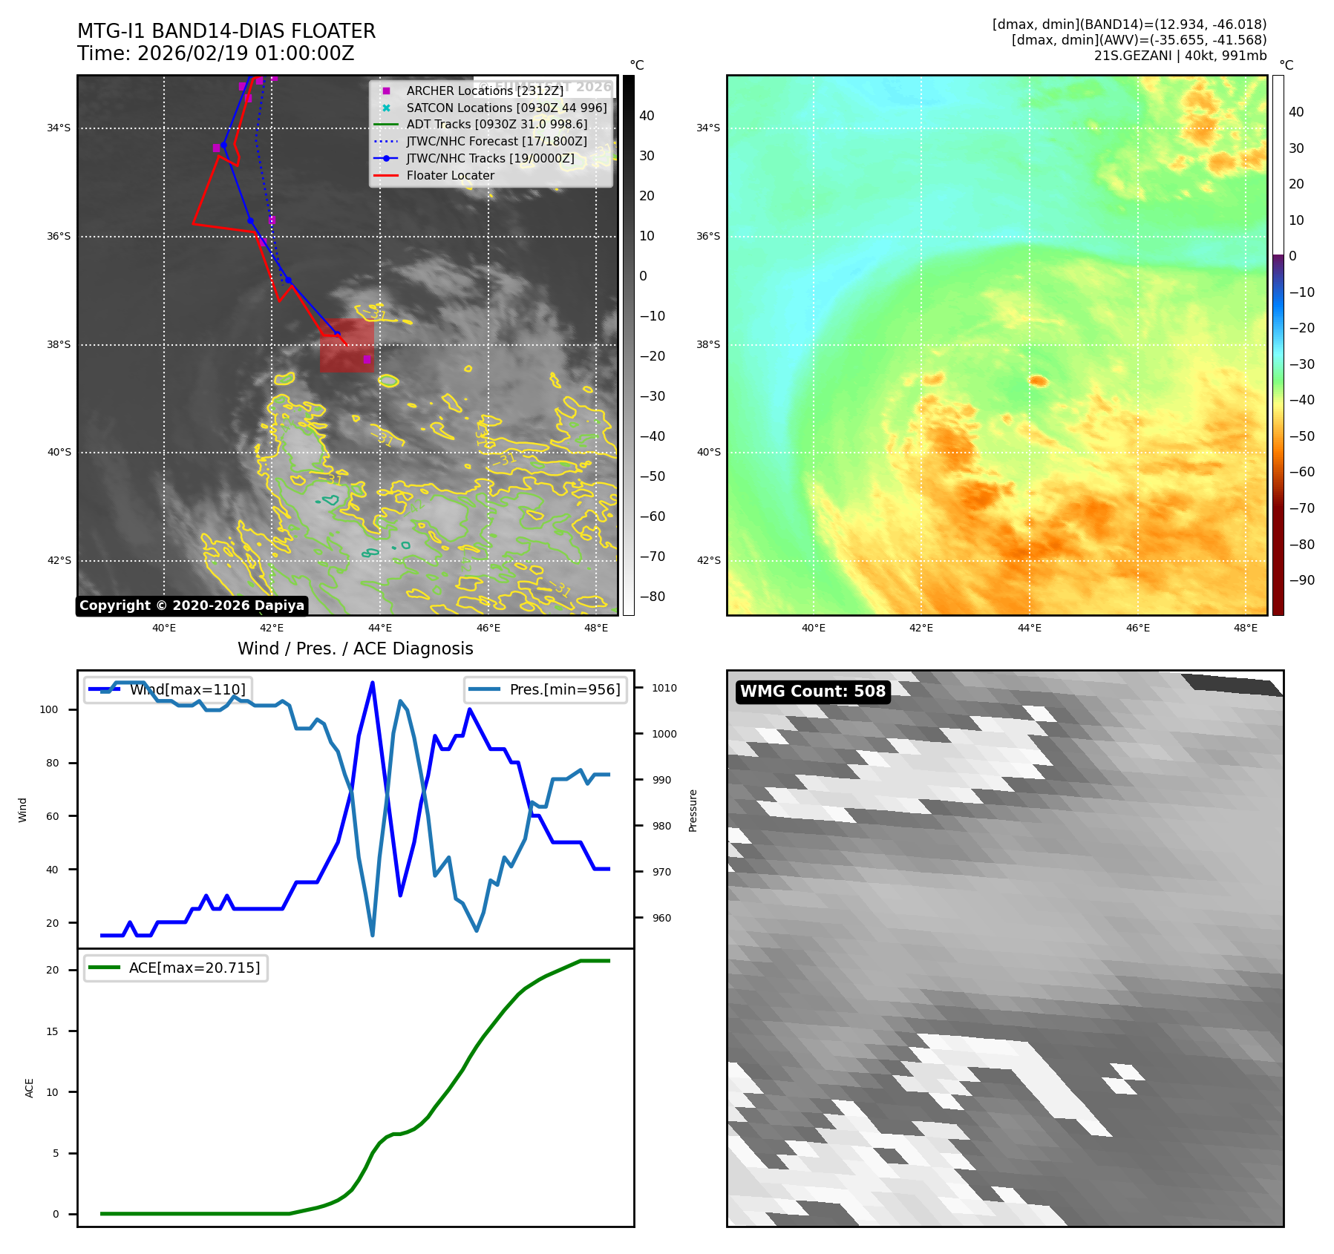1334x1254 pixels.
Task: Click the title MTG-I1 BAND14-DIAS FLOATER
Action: [226, 31]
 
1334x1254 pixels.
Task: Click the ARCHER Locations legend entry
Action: [484, 91]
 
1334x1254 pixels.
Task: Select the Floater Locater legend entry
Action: [450, 175]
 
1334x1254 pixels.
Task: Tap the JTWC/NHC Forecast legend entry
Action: [496, 141]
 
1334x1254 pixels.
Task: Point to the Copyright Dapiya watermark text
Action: [192, 605]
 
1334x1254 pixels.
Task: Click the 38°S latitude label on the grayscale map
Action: [59, 344]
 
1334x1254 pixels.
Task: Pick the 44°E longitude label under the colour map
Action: [1029, 628]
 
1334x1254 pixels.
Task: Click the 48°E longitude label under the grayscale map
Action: [595, 628]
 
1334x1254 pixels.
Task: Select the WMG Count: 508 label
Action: [812, 692]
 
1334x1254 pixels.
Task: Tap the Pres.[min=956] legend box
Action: [546, 689]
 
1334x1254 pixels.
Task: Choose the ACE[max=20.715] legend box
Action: [176, 968]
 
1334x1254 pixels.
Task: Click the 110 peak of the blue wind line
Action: [372, 683]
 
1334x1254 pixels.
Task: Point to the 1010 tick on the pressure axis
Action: [664, 688]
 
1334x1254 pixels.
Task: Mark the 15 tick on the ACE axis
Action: [52, 1031]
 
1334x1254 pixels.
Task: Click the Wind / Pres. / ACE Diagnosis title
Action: [355, 649]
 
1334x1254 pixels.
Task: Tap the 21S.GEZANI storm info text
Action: [1180, 56]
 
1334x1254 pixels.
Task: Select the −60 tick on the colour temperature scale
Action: [1301, 472]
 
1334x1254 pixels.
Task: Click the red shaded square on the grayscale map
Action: [347, 346]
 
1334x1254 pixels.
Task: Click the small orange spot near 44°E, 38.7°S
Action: [1038, 381]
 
